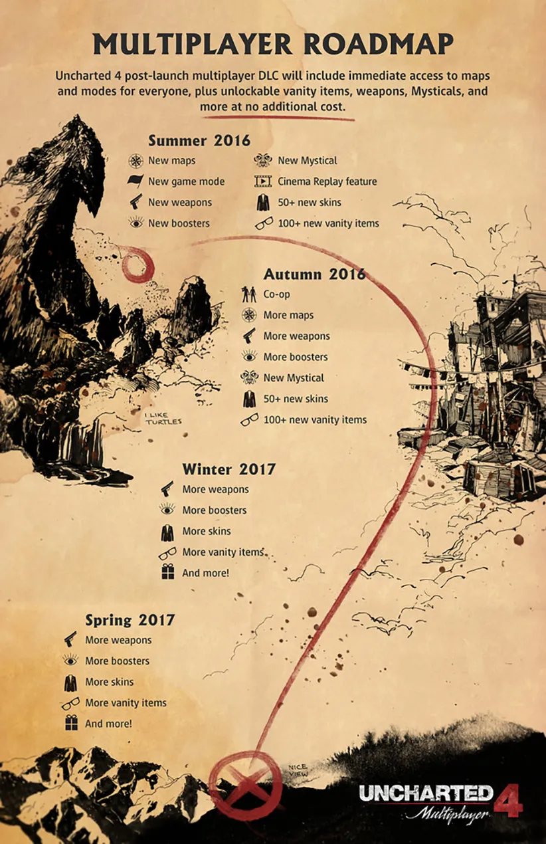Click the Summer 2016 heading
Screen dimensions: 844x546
tap(199, 140)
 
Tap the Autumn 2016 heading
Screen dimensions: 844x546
tap(314, 274)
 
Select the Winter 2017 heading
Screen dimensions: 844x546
tap(228, 469)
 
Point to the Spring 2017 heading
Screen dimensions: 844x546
tap(130, 620)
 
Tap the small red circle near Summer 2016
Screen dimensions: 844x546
tap(138, 264)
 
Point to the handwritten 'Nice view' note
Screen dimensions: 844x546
tap(298, 770)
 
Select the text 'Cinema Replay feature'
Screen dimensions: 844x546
tap(327, 181)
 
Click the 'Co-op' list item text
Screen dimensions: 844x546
tap(276, 294)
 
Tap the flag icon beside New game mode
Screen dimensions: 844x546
tap(136, 181)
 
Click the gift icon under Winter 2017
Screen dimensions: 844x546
tap(167, 572)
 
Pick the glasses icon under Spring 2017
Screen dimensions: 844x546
tap(70, 703)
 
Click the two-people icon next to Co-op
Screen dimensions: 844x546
tap(249, 294)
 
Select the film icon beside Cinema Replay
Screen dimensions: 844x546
tap(264, 181)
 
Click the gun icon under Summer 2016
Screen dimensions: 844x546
tap(136, 202)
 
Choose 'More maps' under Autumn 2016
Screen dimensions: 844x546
tap(288, 315)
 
